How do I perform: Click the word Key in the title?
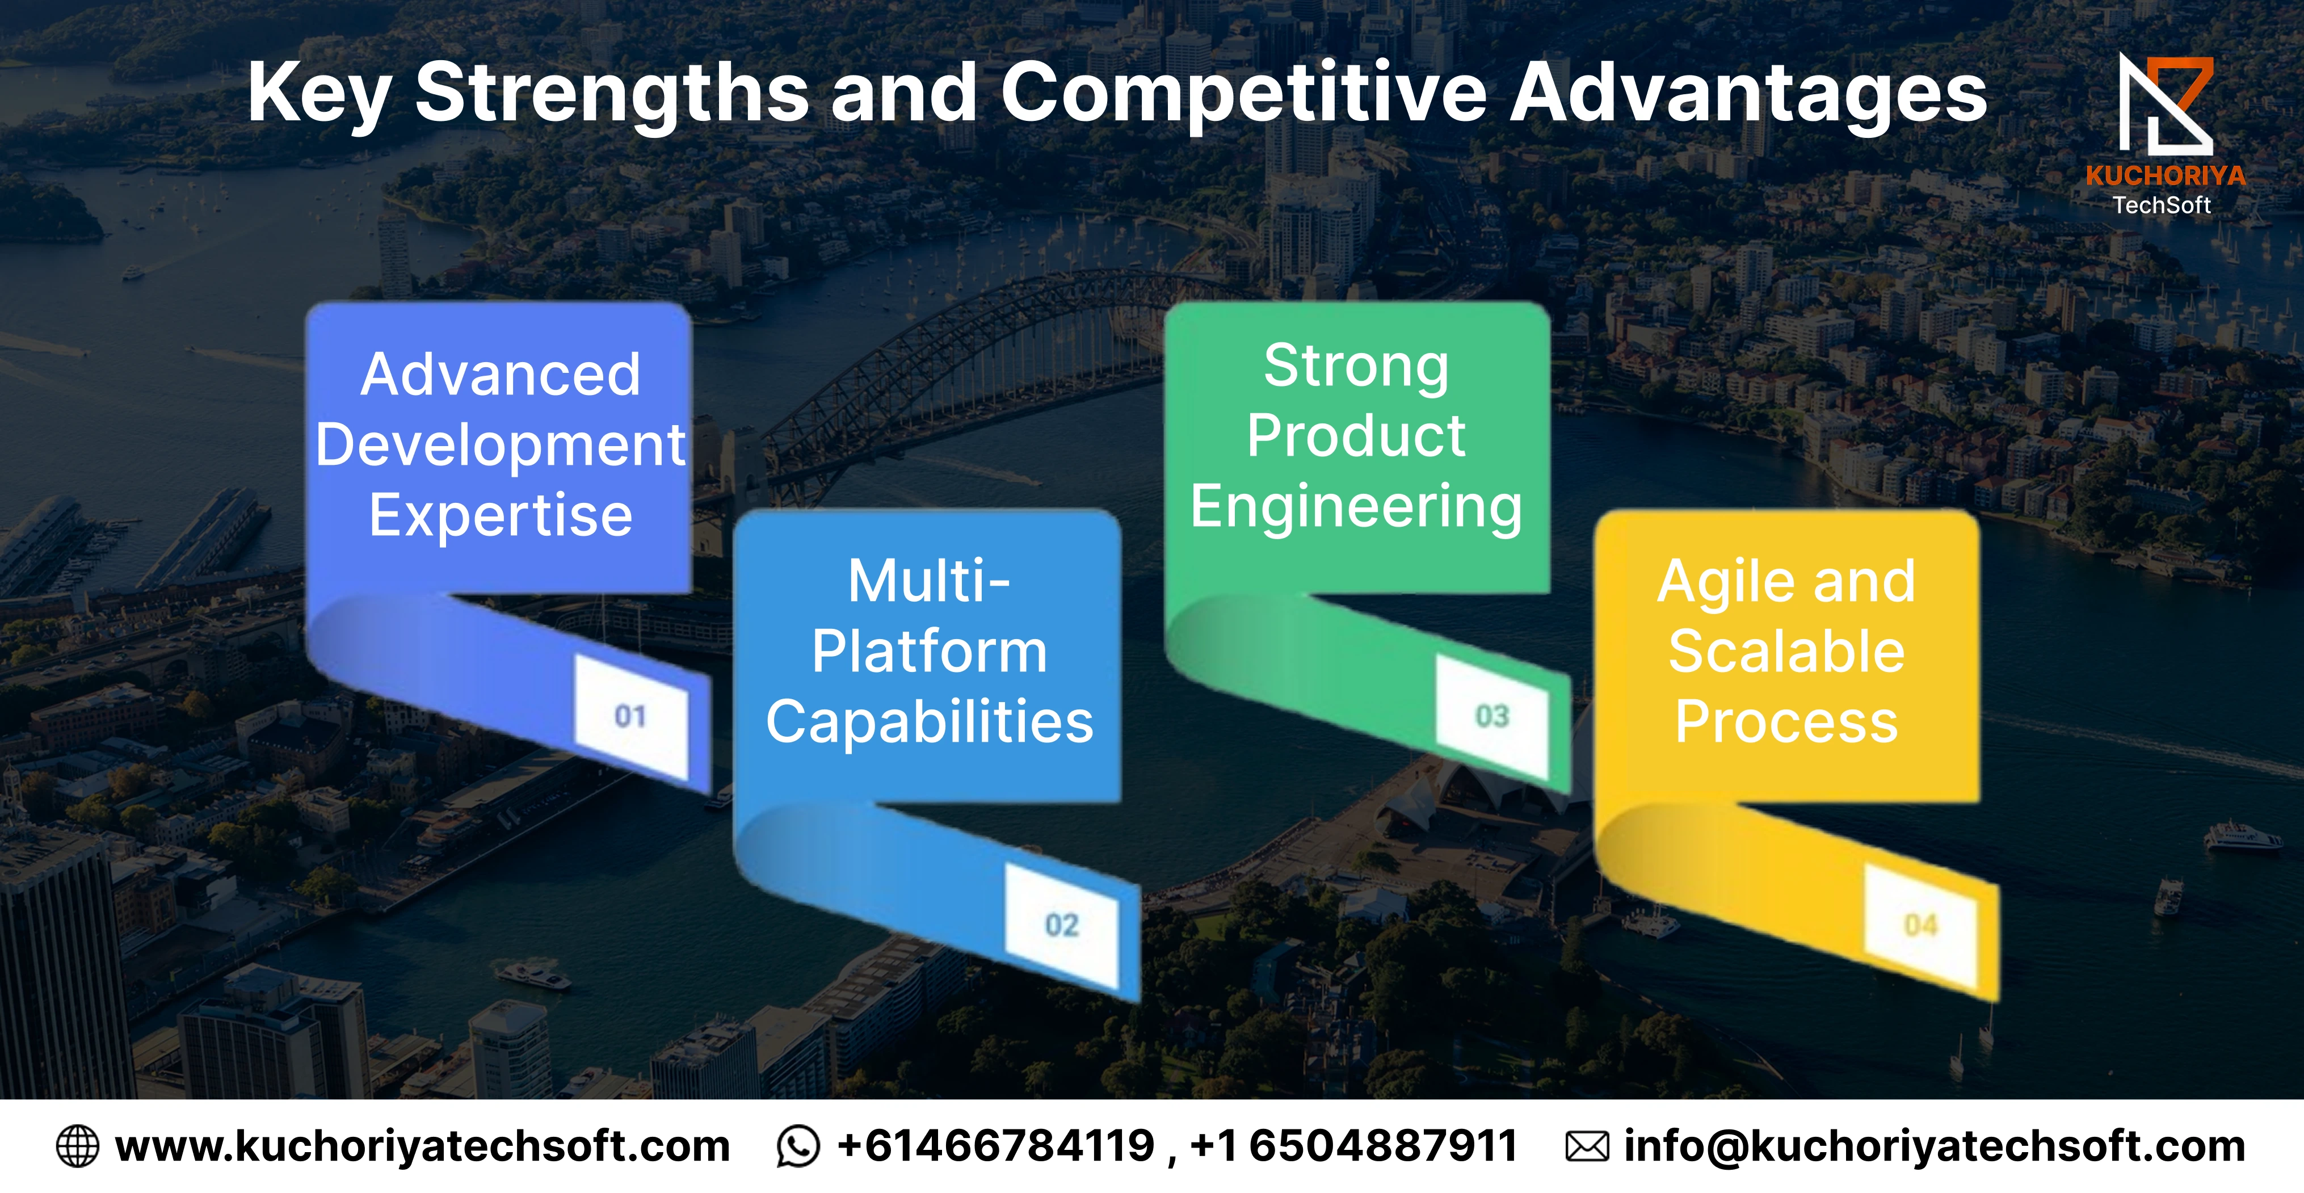click(319, 94)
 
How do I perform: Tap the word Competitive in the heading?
click(1244, 94)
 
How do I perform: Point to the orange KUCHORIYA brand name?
click(2166, 175)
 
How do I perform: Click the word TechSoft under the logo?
click(2161, 205)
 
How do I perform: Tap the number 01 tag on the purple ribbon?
click(630, 716)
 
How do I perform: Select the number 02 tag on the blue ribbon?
click(1062, 925)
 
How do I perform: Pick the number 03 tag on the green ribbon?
click(1492, 716)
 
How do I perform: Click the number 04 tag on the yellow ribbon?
click(1920, 925)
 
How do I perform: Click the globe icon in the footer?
click(78, 1146)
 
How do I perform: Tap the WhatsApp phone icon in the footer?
click(798, 1146)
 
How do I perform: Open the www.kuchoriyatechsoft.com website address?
click(423, 1146)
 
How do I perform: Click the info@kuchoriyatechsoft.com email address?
click(1935, 1146)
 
